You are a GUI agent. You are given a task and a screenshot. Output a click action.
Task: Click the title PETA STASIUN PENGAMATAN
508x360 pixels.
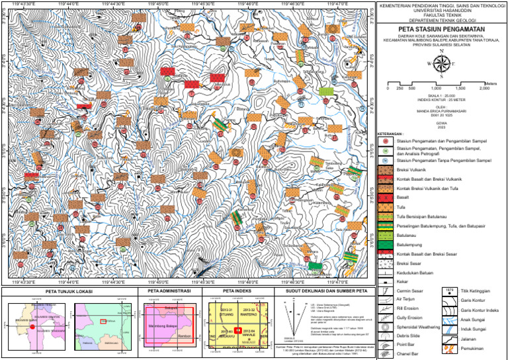click(x=441, y=30)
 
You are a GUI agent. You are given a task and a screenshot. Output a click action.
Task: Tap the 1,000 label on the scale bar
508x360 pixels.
click(x=435, y=88)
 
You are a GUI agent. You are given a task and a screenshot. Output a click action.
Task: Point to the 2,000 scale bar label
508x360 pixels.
click(x=484, y=88)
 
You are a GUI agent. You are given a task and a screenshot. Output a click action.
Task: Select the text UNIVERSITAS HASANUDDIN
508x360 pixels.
click(x=441, y=11)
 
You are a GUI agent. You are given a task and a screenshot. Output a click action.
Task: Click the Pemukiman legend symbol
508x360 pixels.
click(x=450, y=347)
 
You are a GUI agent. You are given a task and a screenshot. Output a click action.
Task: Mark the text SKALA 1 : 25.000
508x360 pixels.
click(x=441, y=95)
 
